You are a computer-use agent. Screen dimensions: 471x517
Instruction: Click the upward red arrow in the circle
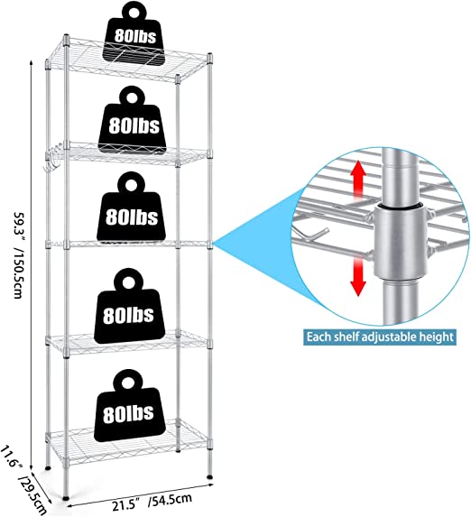pyautogui.click(x=358, y=180)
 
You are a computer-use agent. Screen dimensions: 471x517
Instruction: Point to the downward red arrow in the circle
pyautogui.click(x=357, y=276)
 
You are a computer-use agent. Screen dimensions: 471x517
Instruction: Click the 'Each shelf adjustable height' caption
pyautogui.click(x=380, y=337)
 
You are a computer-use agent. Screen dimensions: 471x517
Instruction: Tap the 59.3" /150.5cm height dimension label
pyautogui.click(x=19, y=254)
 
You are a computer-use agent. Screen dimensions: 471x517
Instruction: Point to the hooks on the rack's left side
pyautogui.click(x=52, y=160)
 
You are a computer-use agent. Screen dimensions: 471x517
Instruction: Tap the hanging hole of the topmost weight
pyautogui.click(x=134, y=13)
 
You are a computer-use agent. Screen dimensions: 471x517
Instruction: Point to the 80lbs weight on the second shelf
pyautogui.click(x=133, y=119)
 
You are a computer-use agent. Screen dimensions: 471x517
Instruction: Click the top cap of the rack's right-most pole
pyautogui.click(x=209, y=56)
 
